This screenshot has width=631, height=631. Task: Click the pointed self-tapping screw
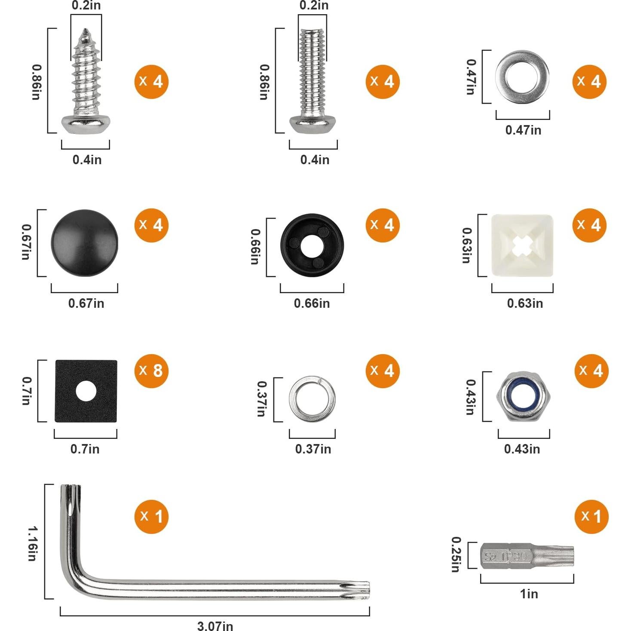(x=86, y=82)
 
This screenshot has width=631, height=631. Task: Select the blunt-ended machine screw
(x=313, y=82)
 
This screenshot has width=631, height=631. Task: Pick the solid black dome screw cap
(x=84, y=243)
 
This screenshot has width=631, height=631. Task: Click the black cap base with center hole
(x=312, y=245)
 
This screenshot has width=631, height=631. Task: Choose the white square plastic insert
(x=522, y=245)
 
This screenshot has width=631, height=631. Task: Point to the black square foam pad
(x=86, y=391)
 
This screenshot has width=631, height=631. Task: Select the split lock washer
(x=312, y=399)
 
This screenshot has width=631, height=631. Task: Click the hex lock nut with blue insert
(x=524, y=396)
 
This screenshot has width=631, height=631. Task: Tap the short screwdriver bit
(x=527, y=556)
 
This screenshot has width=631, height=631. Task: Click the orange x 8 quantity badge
(x=151, y=371)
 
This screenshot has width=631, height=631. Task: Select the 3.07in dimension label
(x=215, y=625)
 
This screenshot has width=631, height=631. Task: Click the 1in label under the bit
(x=529, y=594)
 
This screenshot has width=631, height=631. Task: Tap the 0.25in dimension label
(x=456, y=554)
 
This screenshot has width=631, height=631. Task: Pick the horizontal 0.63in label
(x=524, y=303)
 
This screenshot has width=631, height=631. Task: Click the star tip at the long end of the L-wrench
(x=360, y=590)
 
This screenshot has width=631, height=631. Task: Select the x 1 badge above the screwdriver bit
(x=591, y=517)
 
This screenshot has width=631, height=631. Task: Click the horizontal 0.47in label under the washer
(x=523, y=130)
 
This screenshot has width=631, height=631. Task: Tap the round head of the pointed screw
(x=85, y=124)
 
